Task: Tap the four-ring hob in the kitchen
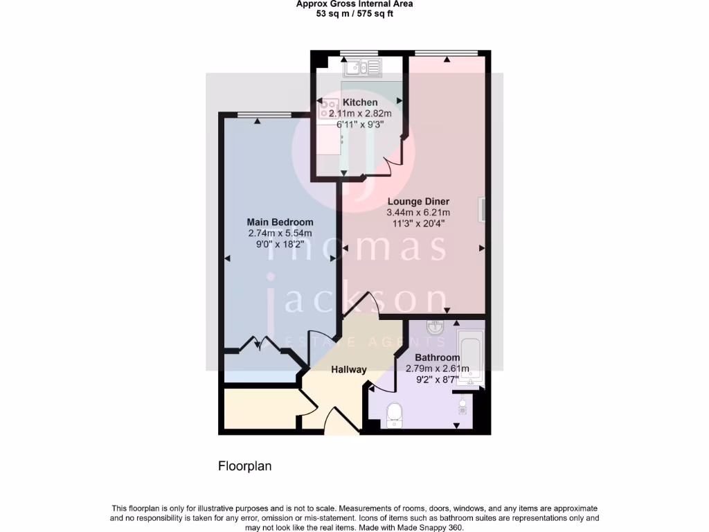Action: click(x=326, y=107)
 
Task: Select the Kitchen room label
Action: click(x=360, y=103)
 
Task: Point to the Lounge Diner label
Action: click(x=418, y=202)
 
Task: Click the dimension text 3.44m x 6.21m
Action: click(x=418, y=213)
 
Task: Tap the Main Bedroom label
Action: click(x=280, y=222)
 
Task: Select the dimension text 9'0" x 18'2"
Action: click(x=280, y=245)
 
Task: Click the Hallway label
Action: click(x=348, y=369)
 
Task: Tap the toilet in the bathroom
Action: click(x=395, y=414)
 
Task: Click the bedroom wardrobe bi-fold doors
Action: click(x=256, y=344)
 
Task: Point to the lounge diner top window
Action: click(x=446, y=53)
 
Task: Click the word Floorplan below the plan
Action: click(x=245, y=466)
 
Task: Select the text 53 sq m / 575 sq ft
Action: click(x=354, y=13)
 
